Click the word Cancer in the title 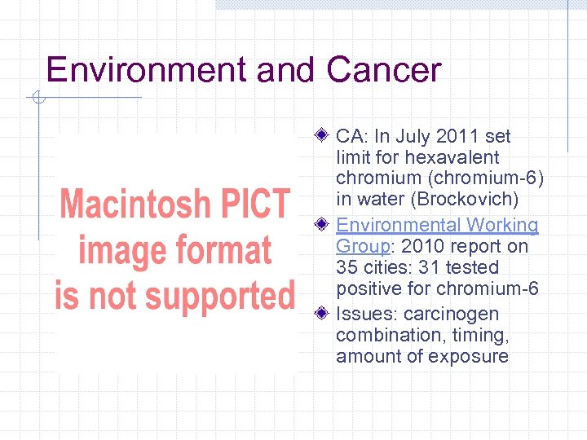[383, 70]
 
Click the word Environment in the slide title [148, 70]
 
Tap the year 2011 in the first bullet [457, 136]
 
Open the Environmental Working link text [437, 225]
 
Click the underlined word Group [361, 246]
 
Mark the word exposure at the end [471, 356]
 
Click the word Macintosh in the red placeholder [135, 204]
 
